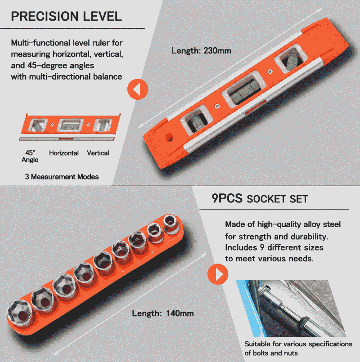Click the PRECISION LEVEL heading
(67, 16)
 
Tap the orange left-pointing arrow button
(138, 89)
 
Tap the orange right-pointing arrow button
(218, 274)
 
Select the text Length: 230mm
(201, 50)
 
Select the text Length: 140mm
(163, 313)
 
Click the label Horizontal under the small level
(64, 153)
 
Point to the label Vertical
(98, 153)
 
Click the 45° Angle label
(30, 156)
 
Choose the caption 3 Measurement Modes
(62, 177)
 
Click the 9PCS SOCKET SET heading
(260, 199)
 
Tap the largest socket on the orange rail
(20, 313)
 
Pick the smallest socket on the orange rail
(171, 222)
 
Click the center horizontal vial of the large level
(243, 89)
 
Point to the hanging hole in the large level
(169, 137)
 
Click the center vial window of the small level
(71, 125)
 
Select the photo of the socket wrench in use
(291, 308)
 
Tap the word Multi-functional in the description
(40, 43)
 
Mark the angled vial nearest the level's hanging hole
(197, 120)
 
